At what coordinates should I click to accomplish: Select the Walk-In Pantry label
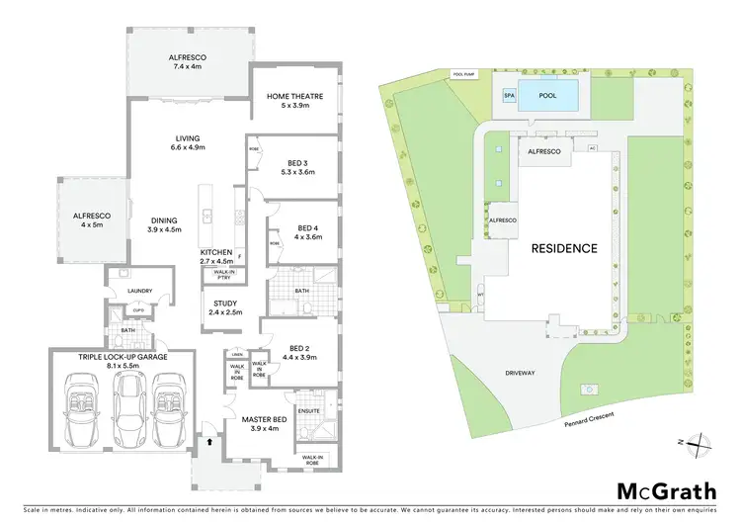point(226,277)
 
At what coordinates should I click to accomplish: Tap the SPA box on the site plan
point(510,96)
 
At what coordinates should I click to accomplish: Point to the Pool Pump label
point(464,74)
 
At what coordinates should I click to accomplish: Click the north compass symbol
point(696,445)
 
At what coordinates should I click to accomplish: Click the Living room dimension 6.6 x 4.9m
point(187,147)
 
